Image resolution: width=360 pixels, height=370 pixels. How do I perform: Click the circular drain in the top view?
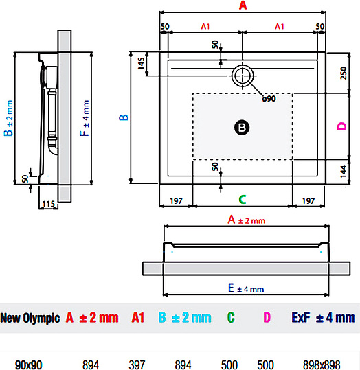pos(242,75)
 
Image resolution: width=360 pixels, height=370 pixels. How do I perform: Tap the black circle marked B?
pos(241,127)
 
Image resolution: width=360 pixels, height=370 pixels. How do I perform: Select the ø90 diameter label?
pos(268,99)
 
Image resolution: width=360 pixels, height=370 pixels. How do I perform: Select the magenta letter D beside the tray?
pos(341,126)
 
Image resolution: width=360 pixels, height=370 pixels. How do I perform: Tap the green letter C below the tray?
pos(242,200)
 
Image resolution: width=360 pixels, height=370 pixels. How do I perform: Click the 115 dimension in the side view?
pos(48,204)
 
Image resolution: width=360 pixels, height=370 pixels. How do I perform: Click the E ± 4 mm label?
pos(245,288)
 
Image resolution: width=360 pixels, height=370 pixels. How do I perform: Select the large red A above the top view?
pos(242,6)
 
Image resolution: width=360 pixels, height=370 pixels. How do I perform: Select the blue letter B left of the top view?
pos(124,117)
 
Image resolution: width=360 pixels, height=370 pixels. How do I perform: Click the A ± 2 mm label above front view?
pos(245,220)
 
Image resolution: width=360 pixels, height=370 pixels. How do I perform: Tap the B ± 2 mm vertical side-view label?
pos(9,118)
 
